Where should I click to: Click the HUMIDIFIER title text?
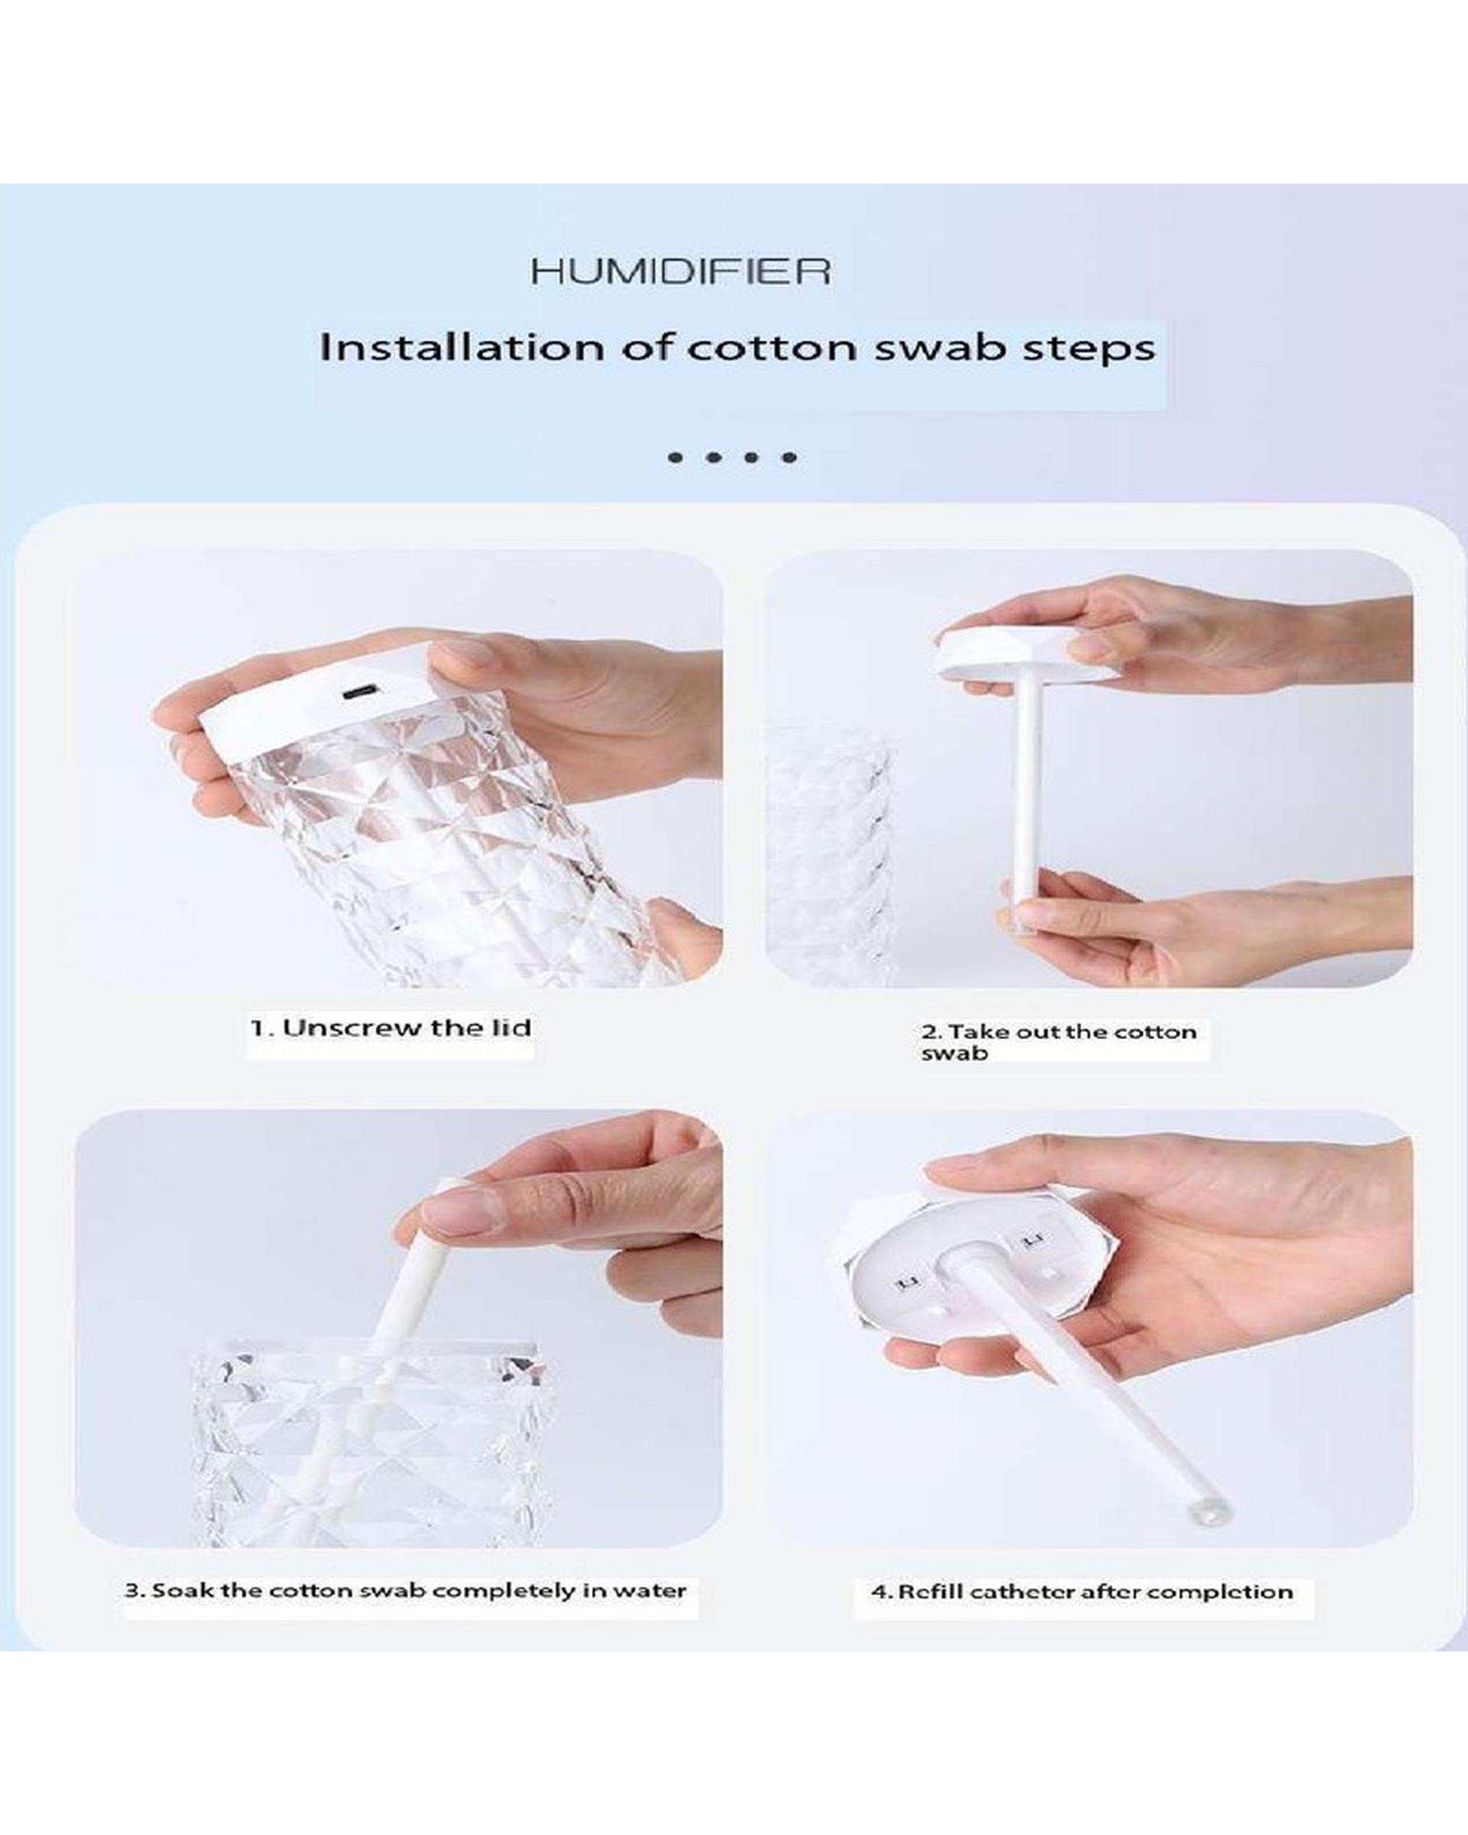pyautogui.click(x=680, y=271)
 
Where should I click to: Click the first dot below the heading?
pyautogui.click(x=676, y=458)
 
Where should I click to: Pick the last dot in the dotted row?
pyautogui.click(x=790, y=458)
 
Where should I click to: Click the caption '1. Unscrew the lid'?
pyautogui.click(x=391, y=1028)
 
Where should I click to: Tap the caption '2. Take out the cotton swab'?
pyautogui.click(x=1059, y=1042)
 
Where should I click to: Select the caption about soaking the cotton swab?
pyautogui.click(x=406, y=1591)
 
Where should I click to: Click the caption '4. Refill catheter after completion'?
pyautogui.click(x=1082, y=1592)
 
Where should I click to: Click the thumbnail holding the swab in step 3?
pyautogui.click(x=451, y=1210)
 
